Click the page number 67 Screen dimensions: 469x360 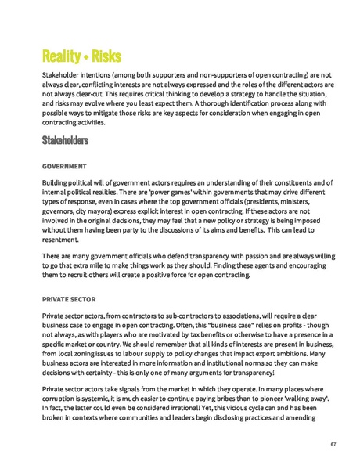(x=333, y=444)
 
